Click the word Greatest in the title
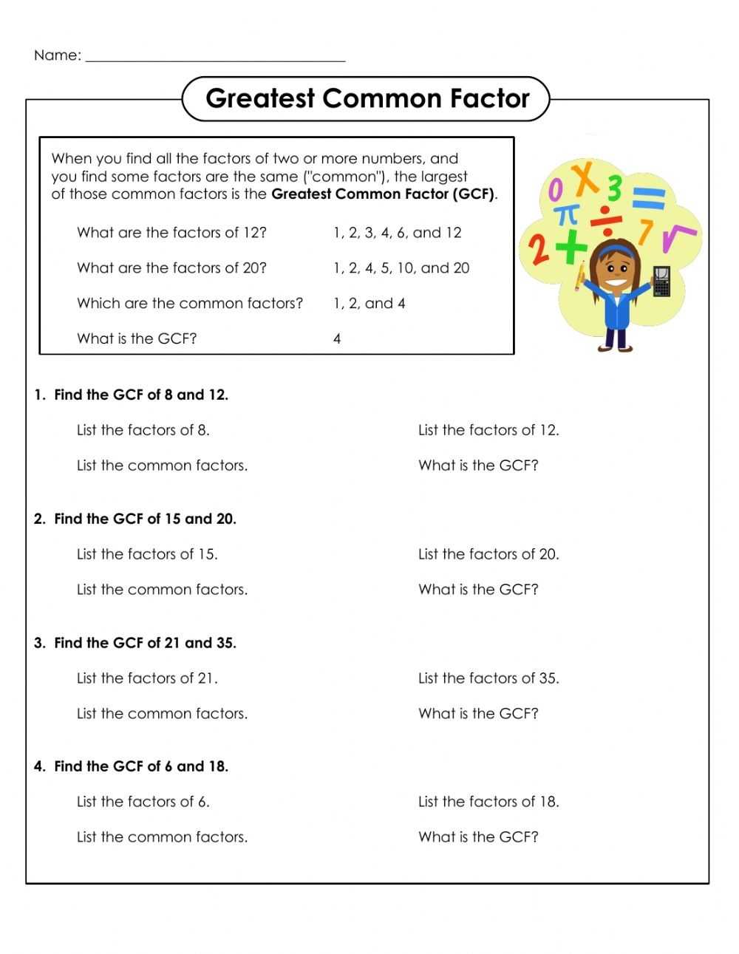click(x=260, y=98)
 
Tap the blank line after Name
click(x=215, y=56)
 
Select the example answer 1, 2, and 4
click(x=369, y=303)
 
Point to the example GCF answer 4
click(x=337, y=339)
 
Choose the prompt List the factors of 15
click(x=147, y=554)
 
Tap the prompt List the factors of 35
click(x=488, y=678)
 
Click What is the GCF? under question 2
click(x=478, y=590)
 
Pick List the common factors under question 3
click(x=162, y=714)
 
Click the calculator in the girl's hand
click(x=662, y=282)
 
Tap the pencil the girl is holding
click(x=580, y=275)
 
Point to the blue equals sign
click(x=649, y=200)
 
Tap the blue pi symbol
click(x=566, y=215)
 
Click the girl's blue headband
click(x=616, y=251)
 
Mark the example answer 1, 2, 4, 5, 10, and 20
click(x=401, y=268)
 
